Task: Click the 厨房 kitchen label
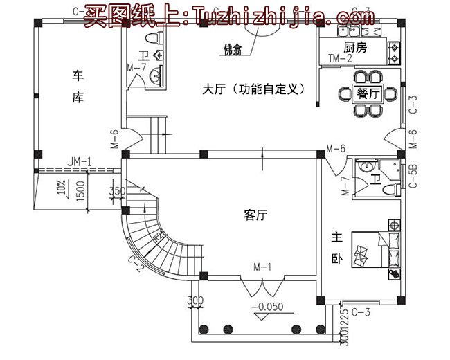353,48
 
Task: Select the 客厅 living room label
255,215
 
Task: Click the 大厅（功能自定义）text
251,90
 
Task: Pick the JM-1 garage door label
80,162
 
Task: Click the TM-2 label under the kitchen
340,59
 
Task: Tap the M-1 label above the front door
262,267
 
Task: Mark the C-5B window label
413,176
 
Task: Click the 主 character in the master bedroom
336,237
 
